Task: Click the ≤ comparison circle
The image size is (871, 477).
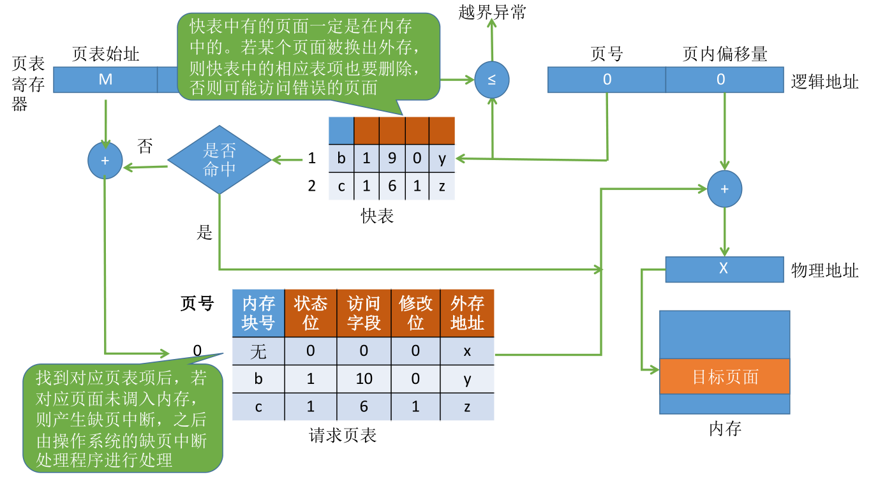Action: pyautogui.click(x=492, y=80)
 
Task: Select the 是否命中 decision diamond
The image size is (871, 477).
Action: pyautogui.click(x=220, y=160)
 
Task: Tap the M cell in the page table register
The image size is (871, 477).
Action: pyautogui.click(x=105, y=80)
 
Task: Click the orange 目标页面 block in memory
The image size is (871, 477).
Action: pyautogui.click(x=725, y=376)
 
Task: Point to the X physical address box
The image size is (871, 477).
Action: pyautogui.click(x=724, y=269)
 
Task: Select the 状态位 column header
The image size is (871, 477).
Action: pyautogui.click(x=311, y=313)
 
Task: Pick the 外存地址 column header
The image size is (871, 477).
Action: pyautogui.click(x=467, y=313)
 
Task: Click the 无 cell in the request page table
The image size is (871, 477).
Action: pyautogui.click(x=258, y=351)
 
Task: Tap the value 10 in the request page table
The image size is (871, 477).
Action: pyautogui.click(x=364, y=379)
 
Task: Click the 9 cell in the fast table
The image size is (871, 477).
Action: pyautogui.click(x=392, y=158)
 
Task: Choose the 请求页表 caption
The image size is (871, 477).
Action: pyautogui.click(x=343, y=436)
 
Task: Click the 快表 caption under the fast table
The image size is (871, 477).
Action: pyautogui.click(x=377, y=216)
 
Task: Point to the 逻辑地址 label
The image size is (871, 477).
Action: pyautogui.click(x=824, y=82)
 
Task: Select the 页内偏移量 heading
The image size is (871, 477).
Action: pyautogui.click(x=725, y=54)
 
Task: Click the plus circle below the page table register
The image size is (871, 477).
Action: pyautogui.click(x=105, y=161)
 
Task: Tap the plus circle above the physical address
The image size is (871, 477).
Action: pyautogui.click(x=724, y=189)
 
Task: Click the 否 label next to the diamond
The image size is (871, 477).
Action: pyautogui.click(x=145, y=146)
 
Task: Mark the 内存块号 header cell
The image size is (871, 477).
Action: pyautogui.click(x=258, y=313)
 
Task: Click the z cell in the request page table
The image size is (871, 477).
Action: pyautogui.click(x=467, y=407)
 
